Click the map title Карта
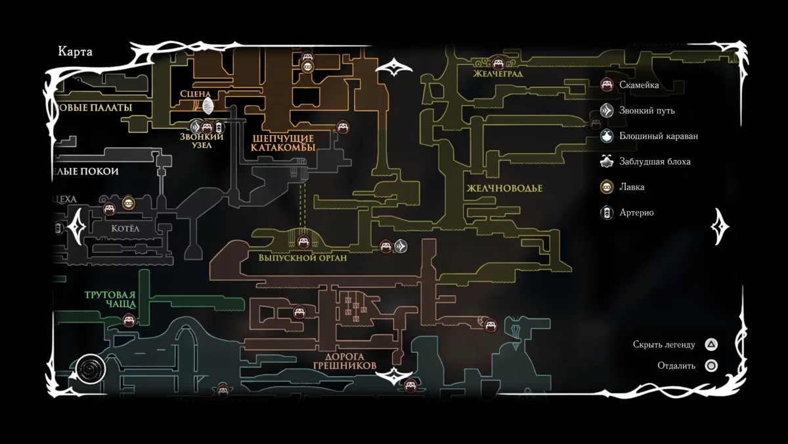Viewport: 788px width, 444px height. [x=76, y=52]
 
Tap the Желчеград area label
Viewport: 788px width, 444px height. [x=498, y=74]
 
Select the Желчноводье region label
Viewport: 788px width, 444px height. [x=504, y=188]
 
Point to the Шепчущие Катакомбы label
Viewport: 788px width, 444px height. [x=283, y=143]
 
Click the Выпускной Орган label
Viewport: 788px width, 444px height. [x=303, y=258]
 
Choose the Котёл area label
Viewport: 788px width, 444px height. [x=125, y=229]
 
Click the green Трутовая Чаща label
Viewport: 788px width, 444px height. [x=110, y=299]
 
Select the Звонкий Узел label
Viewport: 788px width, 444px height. [x=202, y=140]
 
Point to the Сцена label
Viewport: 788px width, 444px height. [x=195, y=94]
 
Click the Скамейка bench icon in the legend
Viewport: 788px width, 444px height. [x=607, y=85]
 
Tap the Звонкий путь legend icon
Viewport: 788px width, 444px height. [x=607, y=111]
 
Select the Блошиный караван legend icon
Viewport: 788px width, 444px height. [x=607, y=136]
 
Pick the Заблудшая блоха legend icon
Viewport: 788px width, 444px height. [x=607, y=161]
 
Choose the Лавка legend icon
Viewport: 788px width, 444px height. [x=607, y=187]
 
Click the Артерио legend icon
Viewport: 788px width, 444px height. [x=607, y=212]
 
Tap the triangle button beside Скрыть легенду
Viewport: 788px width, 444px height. [x=711, y=344]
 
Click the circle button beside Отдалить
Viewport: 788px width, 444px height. [x=711, y=366]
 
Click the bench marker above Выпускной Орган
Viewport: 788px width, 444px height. [x=303, y=241]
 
